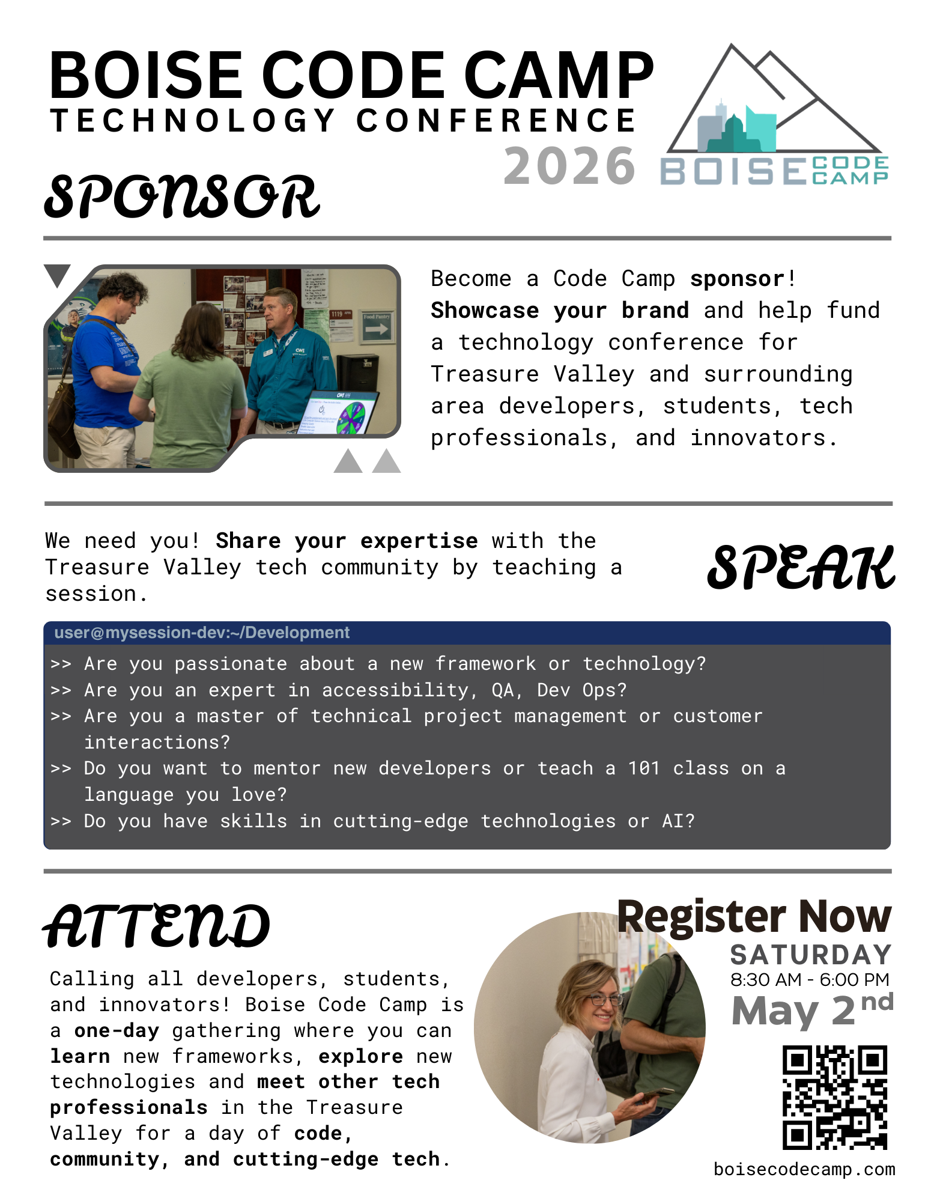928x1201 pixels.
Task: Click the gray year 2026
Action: [569, 166]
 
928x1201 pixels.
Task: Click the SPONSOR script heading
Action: [182, 196]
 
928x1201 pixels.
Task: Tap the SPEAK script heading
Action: [801, 567]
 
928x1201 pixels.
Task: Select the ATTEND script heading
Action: [156, 926]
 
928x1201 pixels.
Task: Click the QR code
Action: [835, 1097]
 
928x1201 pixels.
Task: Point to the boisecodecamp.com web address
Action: [804, 1169]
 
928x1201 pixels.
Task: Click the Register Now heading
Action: [754, 917]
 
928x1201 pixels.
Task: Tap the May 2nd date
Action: [812, 1010]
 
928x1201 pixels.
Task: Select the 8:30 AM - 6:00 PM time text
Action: [810, 979]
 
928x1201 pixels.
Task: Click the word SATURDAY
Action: [811, 955]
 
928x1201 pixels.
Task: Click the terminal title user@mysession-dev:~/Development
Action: [202, 633]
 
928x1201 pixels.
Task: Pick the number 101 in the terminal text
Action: [644, 768]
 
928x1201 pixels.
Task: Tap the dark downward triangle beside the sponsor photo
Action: [58, 275]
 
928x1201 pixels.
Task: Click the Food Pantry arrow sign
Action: [377, 326]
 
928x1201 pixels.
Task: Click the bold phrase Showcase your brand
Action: [560, 311]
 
